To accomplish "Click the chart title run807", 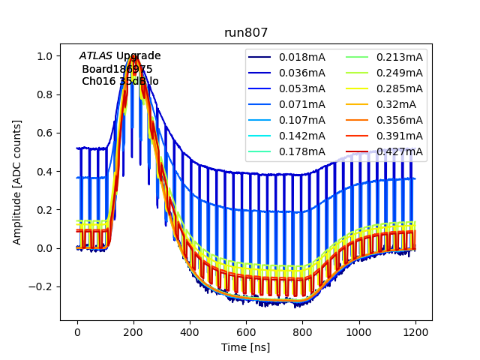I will (246, 33).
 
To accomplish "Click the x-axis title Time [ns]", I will (246, 347).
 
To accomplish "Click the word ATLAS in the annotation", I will (95, 55).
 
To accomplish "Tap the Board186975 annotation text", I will (117, 69).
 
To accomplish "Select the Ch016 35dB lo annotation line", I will (120, 81).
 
